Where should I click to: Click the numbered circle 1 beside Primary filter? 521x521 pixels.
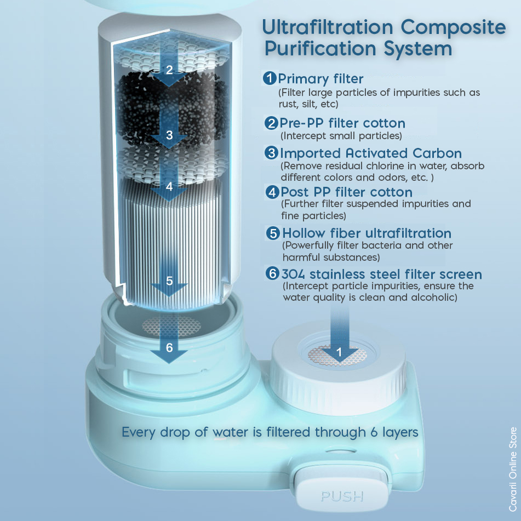[270, 78]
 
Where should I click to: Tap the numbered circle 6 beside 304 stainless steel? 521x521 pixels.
[272, 273]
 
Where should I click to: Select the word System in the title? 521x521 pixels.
[418, 49]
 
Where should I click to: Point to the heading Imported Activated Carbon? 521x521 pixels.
[371, 153]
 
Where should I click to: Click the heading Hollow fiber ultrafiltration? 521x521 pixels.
[367, 233]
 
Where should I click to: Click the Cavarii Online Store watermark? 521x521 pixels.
[513, 469]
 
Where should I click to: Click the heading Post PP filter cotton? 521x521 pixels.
[347, 192]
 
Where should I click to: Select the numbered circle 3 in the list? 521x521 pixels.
[272, 153]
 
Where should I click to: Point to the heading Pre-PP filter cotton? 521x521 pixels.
[342, 123]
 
